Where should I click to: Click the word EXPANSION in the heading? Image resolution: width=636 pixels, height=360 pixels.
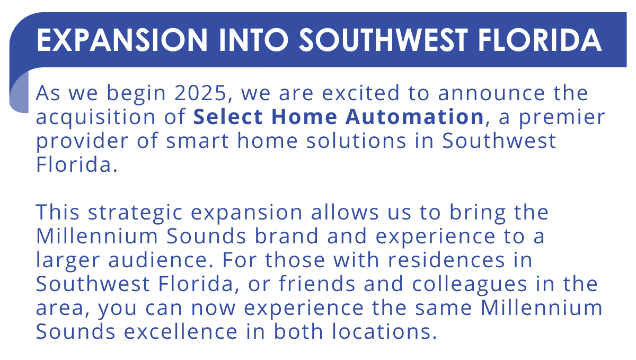pos(122,40)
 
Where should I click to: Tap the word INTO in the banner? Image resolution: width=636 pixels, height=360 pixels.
pos(253,40)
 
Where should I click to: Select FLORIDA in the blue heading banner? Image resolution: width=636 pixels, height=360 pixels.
pos(540,40)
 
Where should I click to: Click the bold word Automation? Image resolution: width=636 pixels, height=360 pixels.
pos(414,117)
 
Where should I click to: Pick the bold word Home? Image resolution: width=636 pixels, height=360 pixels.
pos(304,117)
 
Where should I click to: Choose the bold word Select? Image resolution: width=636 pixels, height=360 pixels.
pos(228,117)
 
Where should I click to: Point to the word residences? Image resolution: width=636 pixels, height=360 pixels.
pos(446,260)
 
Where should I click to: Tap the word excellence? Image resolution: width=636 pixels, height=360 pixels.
pos(181,331)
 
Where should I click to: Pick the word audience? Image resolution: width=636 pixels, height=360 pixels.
pos(161,260)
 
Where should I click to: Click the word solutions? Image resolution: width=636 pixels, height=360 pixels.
pos(356,141)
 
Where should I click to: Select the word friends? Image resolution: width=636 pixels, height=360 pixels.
pos(316,284)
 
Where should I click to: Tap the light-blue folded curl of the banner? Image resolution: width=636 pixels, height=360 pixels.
pos(19,92)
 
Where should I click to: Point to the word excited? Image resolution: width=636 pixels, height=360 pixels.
pos(360,93)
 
